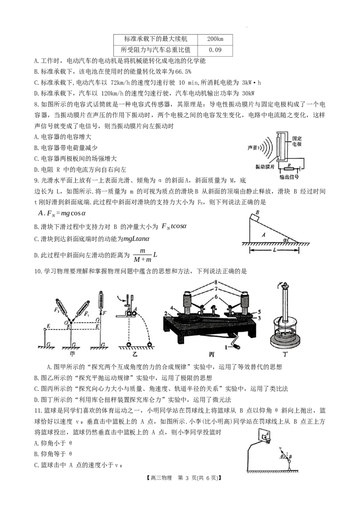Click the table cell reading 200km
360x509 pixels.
pos(215,39)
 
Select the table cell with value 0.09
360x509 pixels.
pos(215,50)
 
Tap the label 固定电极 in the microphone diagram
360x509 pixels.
pos(297,141)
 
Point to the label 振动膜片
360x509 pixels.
pos(265,166)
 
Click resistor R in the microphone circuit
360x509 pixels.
pos(289,168)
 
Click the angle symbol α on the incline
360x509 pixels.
pos(285,240)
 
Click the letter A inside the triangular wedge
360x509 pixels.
pos(264,234)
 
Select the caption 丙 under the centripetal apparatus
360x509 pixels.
pos(212,354)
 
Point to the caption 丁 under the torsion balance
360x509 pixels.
pos(285,353)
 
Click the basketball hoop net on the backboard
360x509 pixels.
pos(268,441)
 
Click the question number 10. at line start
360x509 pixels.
pos(38,271)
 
